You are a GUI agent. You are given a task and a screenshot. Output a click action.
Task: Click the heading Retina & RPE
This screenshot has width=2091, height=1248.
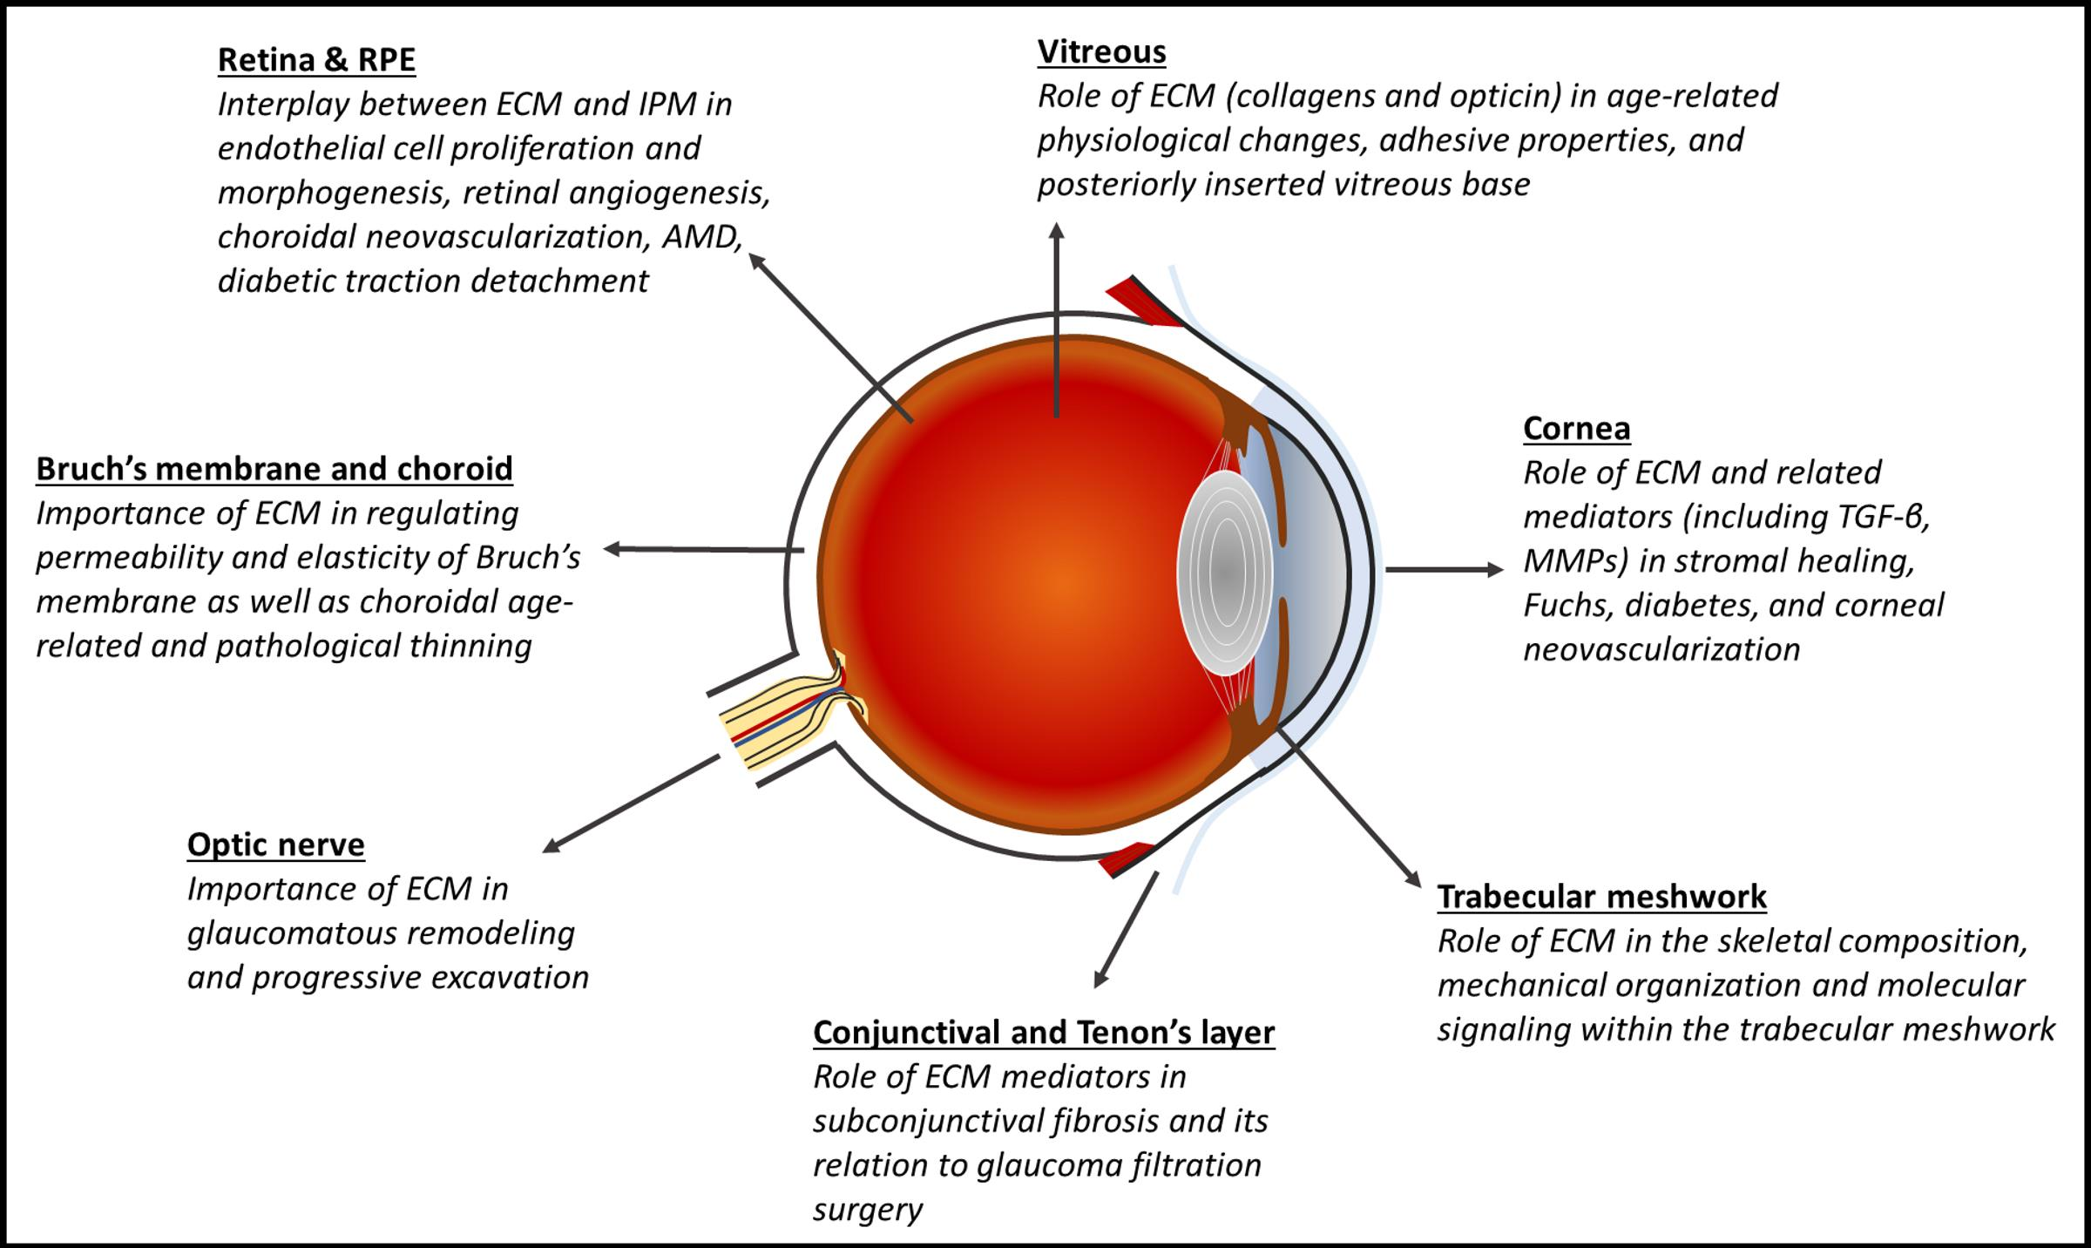click(x=316, y=60)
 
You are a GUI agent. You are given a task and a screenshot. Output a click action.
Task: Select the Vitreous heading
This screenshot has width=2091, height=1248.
click(x=1101, y=52)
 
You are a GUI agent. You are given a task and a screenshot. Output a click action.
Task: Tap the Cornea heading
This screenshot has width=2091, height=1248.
click(x=1576, y=429)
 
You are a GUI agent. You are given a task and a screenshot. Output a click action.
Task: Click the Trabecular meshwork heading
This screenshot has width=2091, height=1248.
click(x=1601, y=897)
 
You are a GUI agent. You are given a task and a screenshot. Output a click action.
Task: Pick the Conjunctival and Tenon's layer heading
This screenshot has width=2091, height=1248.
click(x=1044, y=1033)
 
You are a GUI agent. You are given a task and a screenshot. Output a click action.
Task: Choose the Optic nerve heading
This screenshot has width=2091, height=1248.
click(x=275, y=844)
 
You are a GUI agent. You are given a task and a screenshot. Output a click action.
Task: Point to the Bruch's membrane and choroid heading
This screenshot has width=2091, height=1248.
click(x=274, y=469)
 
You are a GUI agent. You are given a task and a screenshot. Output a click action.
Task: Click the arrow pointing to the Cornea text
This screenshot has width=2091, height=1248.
click(x=1443, y=570)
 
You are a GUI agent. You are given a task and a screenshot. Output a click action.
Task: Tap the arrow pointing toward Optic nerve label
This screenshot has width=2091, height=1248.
click(x=632, y=804)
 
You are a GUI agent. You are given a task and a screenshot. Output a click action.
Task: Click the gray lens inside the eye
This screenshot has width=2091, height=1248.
click(x=1224, y=573)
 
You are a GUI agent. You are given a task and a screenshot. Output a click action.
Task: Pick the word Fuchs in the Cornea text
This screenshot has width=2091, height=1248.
click(x=1565, y=606)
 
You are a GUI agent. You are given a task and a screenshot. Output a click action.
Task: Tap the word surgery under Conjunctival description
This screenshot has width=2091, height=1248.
click(x=867, y=1211)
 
